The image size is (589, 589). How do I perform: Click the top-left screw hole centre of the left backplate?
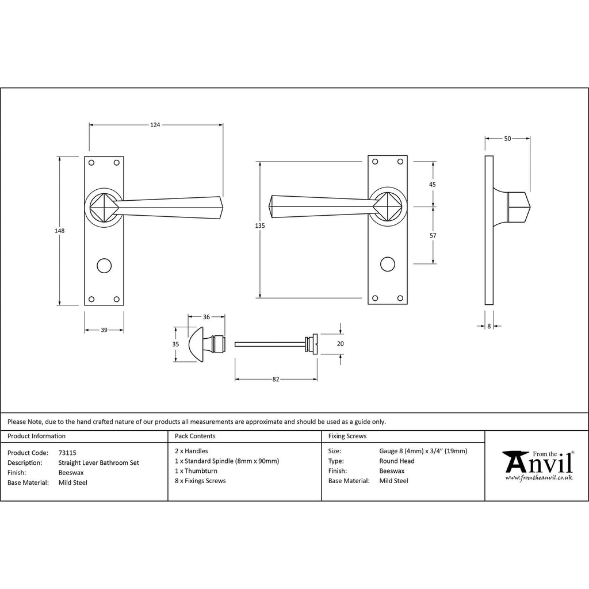pos(91,163)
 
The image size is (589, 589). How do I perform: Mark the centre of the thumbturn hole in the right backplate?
pos(388,264)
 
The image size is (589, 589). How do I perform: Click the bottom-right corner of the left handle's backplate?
pos(124,305)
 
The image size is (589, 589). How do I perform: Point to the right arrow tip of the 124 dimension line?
pos(223,125)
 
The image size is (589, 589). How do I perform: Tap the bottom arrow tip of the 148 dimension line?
pos(59,305)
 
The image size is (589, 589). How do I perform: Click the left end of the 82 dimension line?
pos(235,380)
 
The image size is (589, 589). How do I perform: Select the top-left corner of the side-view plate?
pos(485,156)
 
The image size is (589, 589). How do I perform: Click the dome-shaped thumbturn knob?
pos(196,344)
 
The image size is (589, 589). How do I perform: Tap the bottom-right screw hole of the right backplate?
pos(400,299)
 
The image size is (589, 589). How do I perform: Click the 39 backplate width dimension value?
pos(104,330)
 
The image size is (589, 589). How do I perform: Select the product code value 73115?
pos(67,453)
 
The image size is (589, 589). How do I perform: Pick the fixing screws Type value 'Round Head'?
pos(397,461)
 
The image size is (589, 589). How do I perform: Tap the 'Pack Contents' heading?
pos(195,436)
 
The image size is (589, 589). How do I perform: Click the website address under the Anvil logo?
pos(538,478)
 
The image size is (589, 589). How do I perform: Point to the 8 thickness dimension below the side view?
pos(489,327)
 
